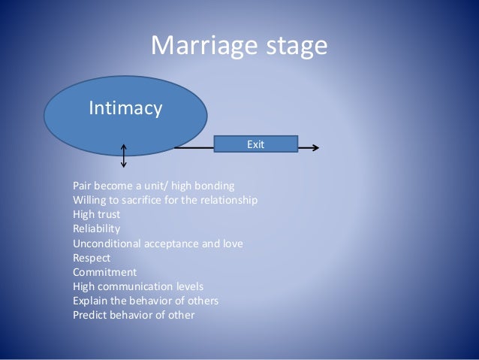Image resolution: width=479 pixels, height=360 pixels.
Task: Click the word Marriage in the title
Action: tap(199, 47)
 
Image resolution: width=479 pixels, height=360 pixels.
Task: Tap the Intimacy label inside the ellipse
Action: tap(125, 110)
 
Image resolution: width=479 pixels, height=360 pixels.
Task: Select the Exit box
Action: tap(256, 143)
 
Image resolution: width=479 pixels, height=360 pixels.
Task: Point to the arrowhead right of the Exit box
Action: tap(315, 148)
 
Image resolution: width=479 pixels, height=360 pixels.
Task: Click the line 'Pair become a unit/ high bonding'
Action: tap(153, 186)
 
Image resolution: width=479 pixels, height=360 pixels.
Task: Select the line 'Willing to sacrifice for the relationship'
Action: tap(165, 201)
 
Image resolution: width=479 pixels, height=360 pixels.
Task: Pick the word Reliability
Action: tap(96, 228)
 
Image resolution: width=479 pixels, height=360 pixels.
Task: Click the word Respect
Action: tap(91, 258)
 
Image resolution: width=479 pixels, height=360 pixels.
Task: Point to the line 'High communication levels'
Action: tap(137, 286)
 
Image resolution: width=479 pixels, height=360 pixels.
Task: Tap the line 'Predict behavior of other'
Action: tap(134, 315)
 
